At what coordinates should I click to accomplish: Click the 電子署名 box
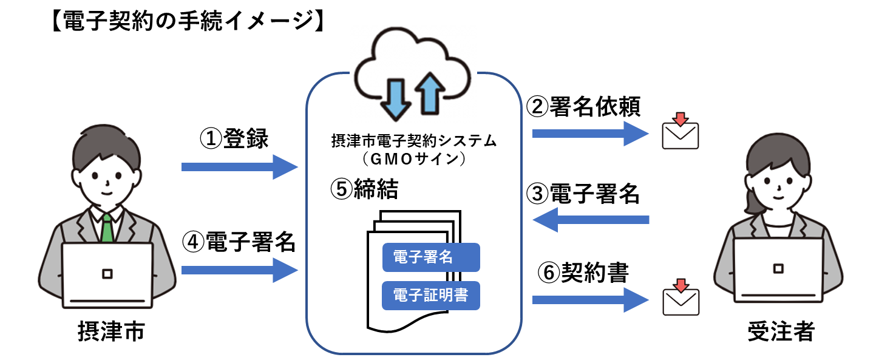point(430,257)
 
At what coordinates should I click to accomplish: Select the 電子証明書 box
point(430,296)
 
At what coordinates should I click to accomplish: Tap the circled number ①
point(210,139)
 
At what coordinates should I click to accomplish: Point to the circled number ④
point(192,242)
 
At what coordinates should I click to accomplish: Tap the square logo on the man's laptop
point(107,274)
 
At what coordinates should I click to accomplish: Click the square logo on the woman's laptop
point(778,268)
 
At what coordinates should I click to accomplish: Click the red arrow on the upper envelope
point(680,118)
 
